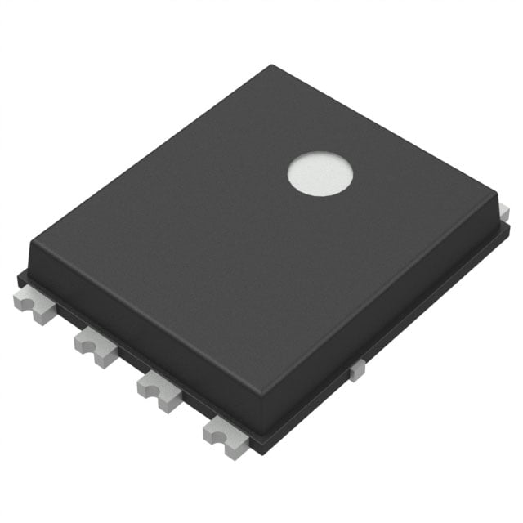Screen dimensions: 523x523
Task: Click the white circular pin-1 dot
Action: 320,174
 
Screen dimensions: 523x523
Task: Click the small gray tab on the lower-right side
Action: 357,370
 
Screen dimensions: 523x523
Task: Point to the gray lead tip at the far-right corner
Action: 504,213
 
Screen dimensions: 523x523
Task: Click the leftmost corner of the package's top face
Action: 30,243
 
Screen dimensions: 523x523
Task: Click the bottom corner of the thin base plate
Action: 260,452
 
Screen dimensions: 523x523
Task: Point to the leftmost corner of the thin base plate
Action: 20,277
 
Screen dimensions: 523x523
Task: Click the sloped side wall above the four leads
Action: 139,327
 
